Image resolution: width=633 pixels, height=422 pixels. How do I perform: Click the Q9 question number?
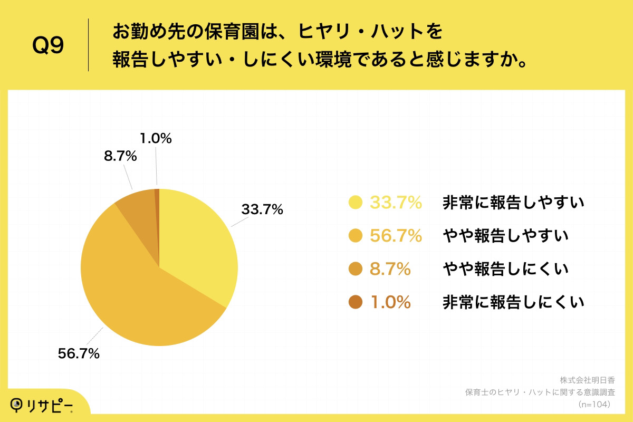(x=48, y=46)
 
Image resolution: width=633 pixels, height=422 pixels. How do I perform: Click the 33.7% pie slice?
(x=198, y=243)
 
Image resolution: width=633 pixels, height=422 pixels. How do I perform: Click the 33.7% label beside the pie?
(x=262, y=209)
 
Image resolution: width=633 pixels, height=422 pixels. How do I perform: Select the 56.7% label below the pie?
(x=79, y=354)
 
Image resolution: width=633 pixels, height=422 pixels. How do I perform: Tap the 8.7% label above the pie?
(x=120, y=156)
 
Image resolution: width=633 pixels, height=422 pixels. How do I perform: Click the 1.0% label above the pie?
(x=156, y=139)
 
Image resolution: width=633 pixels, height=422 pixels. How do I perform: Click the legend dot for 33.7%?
(x=356, y=203)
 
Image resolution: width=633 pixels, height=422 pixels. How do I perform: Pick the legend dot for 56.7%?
(x=356, y=236)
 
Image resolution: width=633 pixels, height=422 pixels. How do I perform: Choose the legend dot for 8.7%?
(x=356, y=269)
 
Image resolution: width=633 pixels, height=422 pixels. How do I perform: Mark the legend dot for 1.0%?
(x=356, y=302)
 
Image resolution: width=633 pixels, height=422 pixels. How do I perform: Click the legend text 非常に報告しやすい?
(x=513, y=203)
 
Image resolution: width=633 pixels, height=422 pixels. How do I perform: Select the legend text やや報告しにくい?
(x=505, y=269)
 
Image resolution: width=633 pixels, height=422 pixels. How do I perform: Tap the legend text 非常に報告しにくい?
(x=513, y=302)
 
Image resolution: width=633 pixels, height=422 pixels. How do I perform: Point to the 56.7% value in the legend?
(x=396, y=236)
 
